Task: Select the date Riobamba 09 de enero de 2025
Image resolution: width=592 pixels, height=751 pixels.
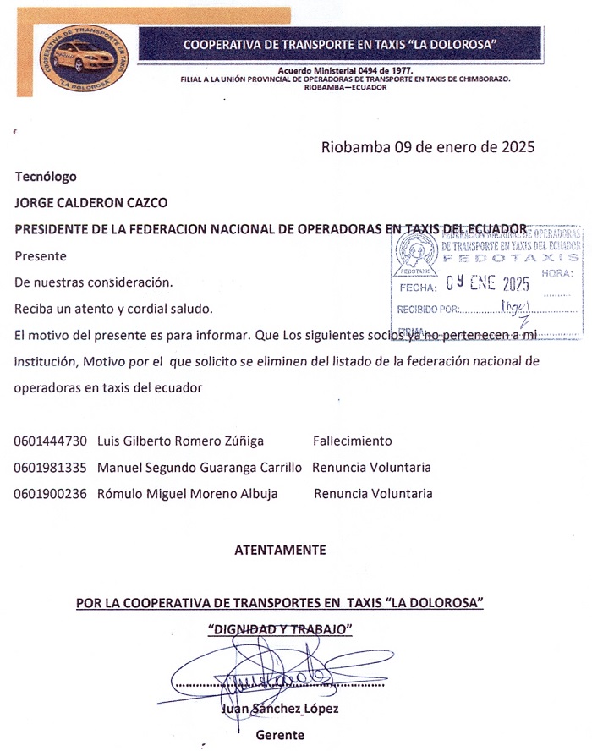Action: coord(428,146)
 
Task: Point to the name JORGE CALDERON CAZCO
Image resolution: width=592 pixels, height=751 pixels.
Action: coord(91,202)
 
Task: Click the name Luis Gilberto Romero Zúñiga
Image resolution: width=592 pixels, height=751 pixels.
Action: coord(181,441)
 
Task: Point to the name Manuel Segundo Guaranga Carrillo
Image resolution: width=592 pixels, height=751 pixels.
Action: coord(200,467)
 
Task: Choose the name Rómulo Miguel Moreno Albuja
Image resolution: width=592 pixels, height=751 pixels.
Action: coord(188,494)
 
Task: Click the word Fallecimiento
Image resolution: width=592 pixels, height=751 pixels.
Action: coord(353,441)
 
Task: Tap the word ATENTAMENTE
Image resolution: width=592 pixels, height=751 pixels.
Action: coord(280,550)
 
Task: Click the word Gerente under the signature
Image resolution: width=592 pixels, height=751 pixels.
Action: coord(280,735)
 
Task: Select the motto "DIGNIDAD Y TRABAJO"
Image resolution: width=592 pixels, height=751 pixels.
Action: coord(280,629)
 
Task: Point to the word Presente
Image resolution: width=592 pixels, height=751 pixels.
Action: coord(41,255)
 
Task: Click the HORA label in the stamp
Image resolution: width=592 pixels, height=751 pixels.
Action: coord(557,273)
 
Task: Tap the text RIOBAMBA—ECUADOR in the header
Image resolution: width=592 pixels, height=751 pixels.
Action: coord(339,87)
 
